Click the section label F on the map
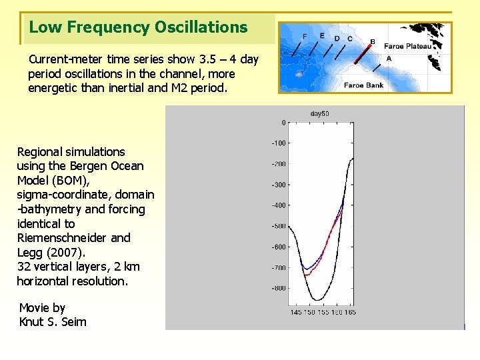(305, 36)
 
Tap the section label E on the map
(322, 35)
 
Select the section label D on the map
(337, 39)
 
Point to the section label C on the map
(350, 39)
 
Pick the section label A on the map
(389, 59)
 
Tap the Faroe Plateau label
(407, 47)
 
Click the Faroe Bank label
(364, 85)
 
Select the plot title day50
(319, 114)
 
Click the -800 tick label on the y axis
(277, 289)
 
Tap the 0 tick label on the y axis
(283, 123)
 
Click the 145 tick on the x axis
(295, 312)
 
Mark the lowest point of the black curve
(319, 299)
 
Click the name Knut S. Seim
(53, 322)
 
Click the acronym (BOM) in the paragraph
(69, 181)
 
